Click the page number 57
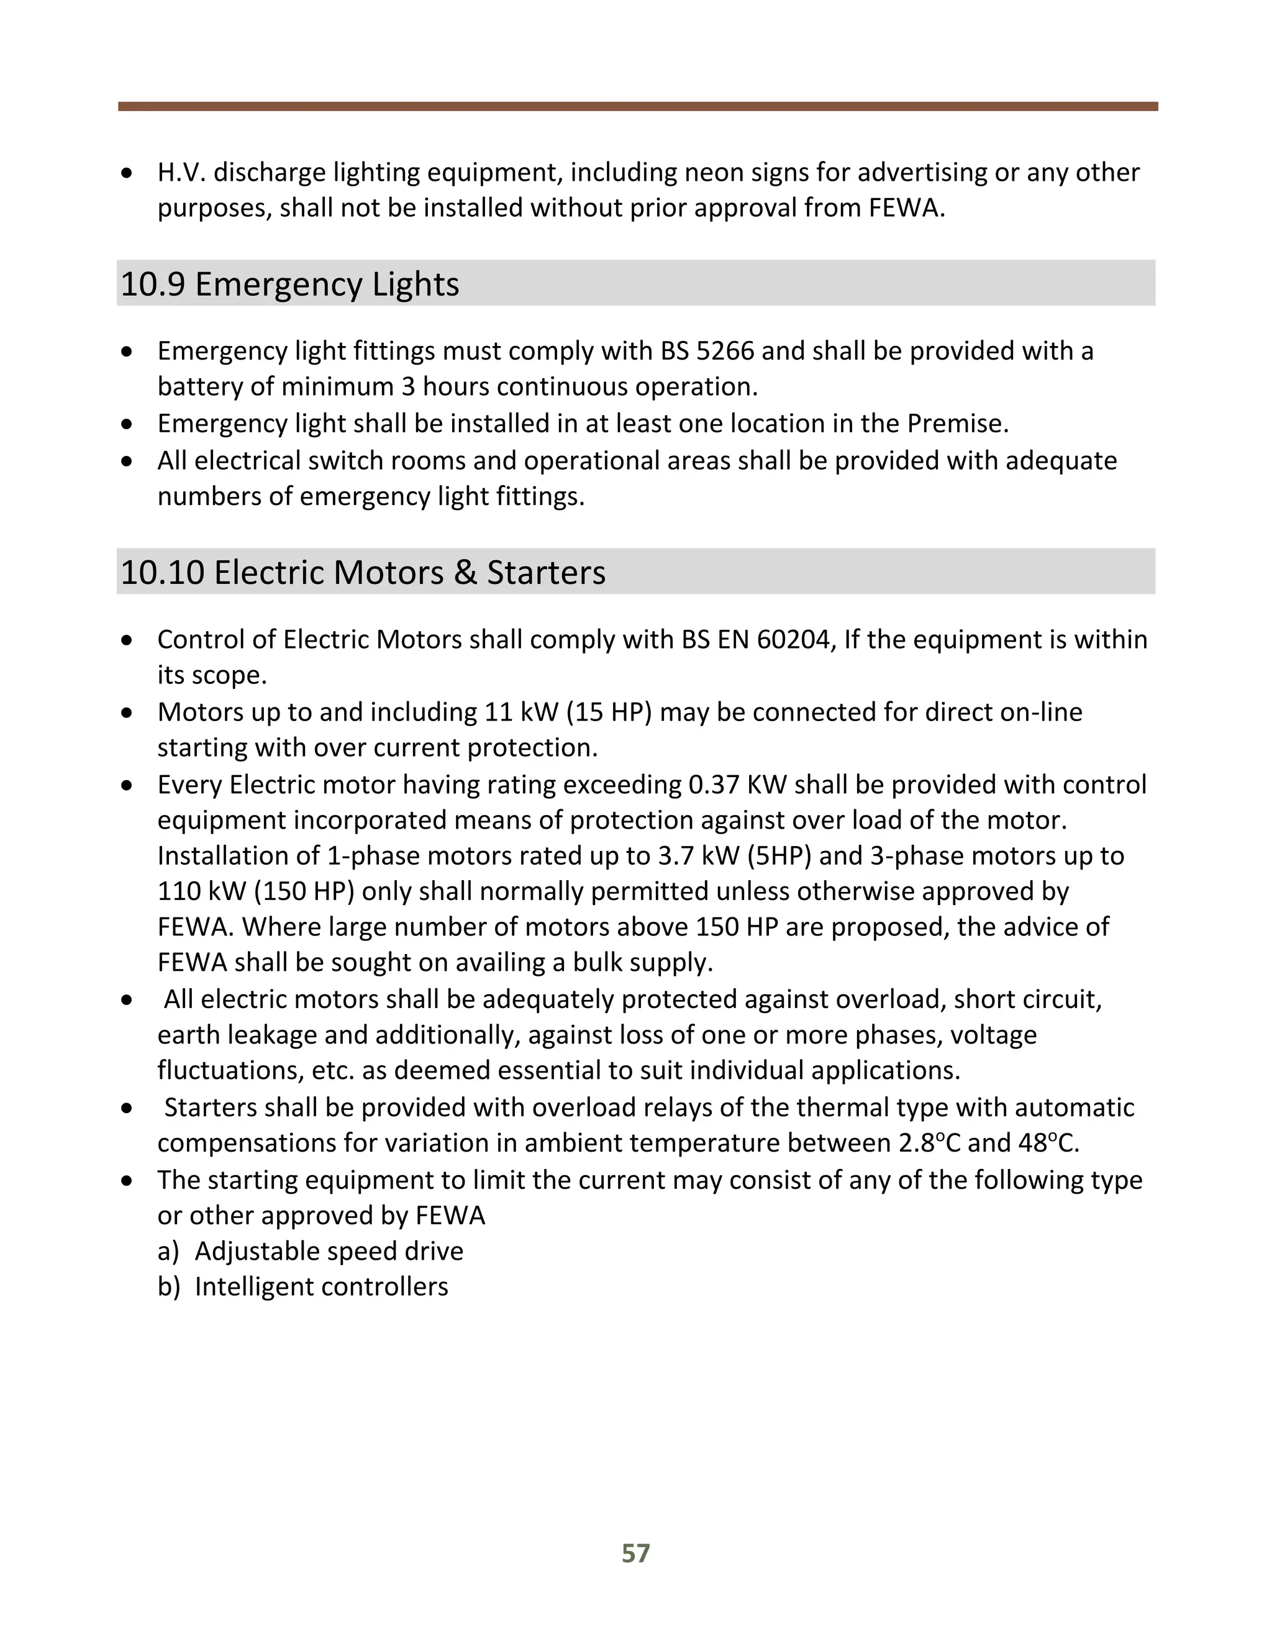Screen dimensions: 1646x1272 tap(635, 1553)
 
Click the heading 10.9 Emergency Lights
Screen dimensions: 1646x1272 tap(289, 284)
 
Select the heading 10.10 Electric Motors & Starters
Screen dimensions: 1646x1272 tap(363, 572)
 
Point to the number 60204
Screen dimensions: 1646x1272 tap(795, 639)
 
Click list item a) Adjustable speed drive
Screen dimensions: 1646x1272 tap(311, 1251)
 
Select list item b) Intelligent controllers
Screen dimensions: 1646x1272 tap(303, 1286)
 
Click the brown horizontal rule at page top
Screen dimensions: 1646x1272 tap(637, 106)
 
